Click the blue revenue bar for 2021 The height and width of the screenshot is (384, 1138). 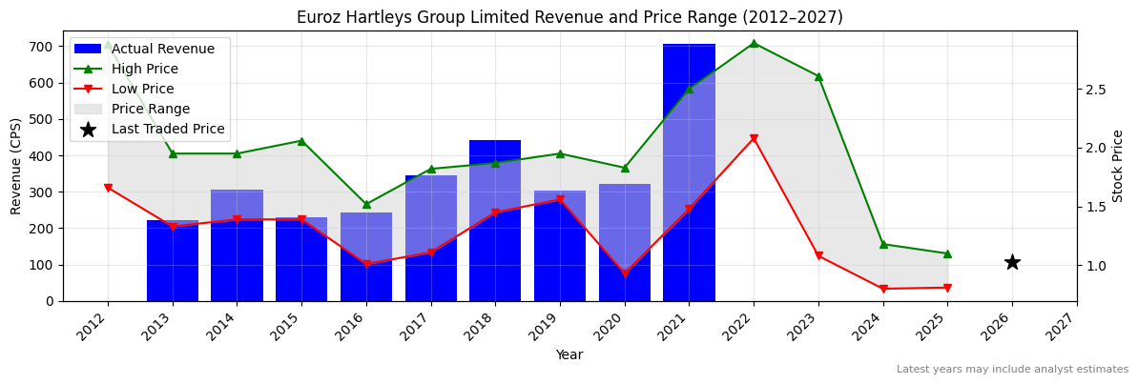(x=689, y=172)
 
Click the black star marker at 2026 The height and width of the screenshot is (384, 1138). (x=1012, y=262)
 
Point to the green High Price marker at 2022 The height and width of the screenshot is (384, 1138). (x=754, y=43)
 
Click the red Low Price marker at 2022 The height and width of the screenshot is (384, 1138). (x=754, y=138)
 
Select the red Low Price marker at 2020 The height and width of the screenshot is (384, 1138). (x=625, y=273)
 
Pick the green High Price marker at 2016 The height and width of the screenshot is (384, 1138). (x=366, y=204)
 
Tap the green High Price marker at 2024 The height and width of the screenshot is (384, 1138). (x=883, y=244)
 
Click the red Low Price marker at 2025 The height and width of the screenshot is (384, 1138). (x=947, y=288)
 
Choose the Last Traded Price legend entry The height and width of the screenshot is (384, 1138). (x=168, y=129)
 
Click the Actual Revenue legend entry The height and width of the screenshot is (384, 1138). (x=162, y=49)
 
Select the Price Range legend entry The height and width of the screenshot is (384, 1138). (x=151, y=109)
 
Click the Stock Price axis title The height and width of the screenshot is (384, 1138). (x=1118, y=166)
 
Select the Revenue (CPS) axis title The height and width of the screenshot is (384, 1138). (x=16, y=166)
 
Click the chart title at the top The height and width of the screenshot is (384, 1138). (x=569, y=17)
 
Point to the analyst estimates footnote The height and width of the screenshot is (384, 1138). (x=1012, y=370)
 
